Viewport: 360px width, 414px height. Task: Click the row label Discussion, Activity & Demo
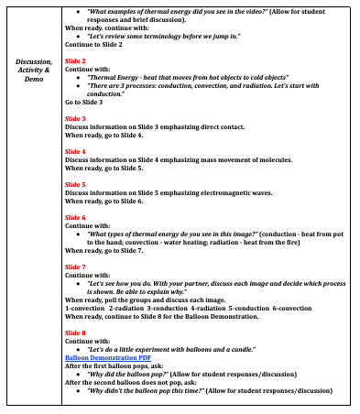33,70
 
